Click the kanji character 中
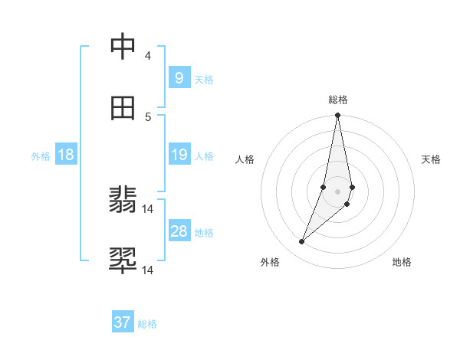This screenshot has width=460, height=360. point(123,47)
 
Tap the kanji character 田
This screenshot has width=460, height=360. point(123,108)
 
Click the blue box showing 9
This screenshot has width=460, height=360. point(179,78)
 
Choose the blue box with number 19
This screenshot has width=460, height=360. point(179,155)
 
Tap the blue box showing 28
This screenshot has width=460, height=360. point(179,231)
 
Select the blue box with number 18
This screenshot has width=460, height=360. point(66,155)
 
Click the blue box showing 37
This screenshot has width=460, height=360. point(123,322)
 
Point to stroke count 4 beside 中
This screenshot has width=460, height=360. point(148,56)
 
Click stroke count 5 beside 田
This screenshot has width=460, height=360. point(148,117)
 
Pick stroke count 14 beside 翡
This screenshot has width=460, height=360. point(148,209)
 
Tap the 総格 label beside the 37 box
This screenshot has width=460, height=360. point(147,324)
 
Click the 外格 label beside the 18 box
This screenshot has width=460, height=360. point(41,155)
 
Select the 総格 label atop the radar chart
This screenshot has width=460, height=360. point(338,100)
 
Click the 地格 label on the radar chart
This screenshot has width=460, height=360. point(402,262)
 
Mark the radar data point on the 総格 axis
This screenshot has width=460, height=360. point(337,116)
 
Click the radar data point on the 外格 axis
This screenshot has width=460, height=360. point(302,242)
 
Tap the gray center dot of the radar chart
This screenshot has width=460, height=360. point(337,191)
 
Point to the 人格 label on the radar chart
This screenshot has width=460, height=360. point(245,159)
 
